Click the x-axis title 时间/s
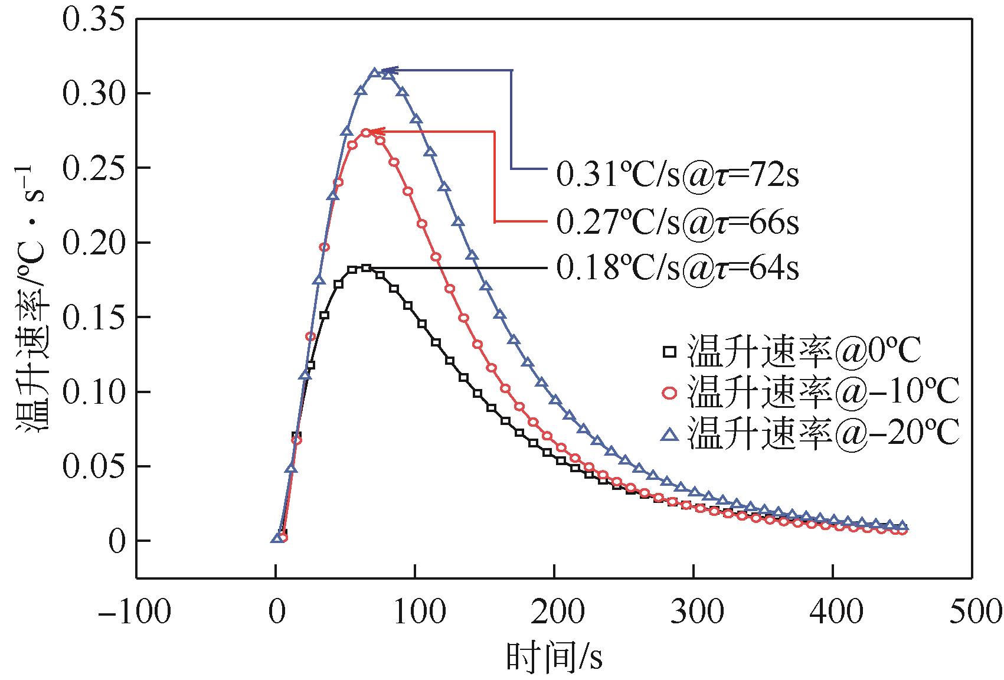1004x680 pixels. (554, 655)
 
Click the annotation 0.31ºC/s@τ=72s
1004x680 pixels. (677, 175)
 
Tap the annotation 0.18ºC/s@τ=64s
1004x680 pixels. (677, 269)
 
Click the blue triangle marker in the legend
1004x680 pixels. (669, 435)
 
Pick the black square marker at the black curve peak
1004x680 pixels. (366, 268)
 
